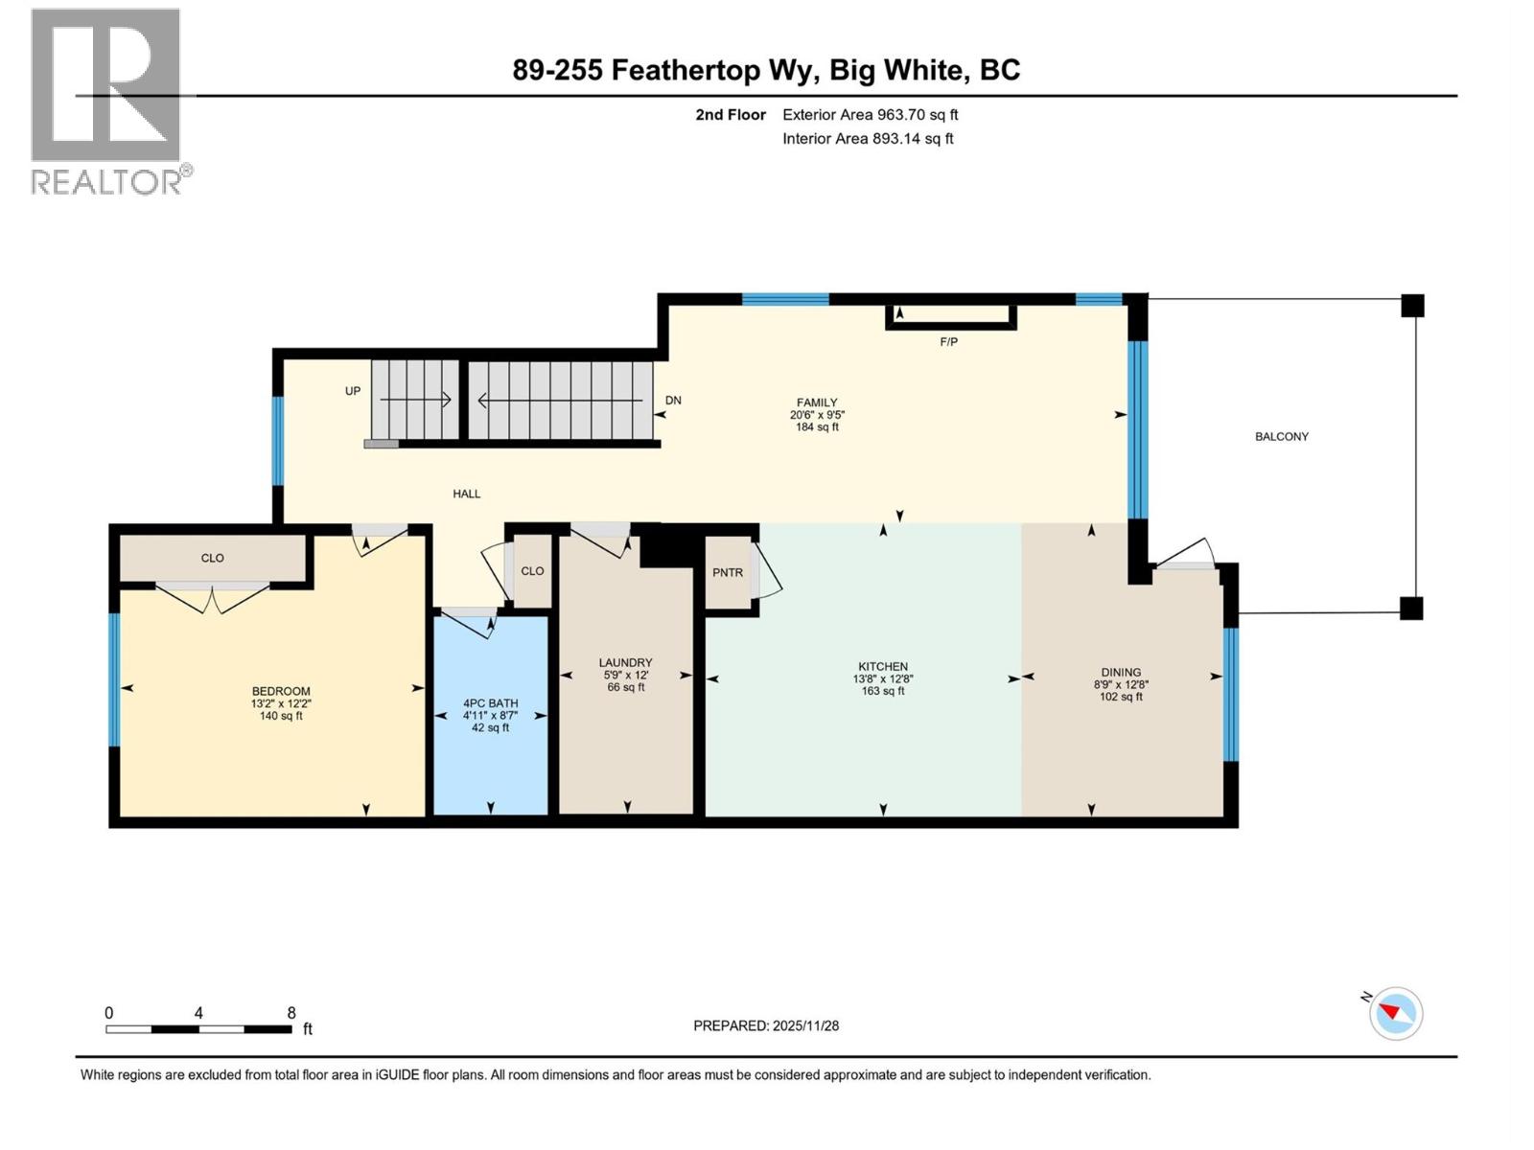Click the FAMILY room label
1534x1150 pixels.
click(817, 402)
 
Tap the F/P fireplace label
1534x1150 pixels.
click(948, 342)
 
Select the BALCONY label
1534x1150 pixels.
click(1281, 437)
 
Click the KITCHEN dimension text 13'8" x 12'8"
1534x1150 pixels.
click(883, 678)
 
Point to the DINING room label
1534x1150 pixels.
click(1121, 672)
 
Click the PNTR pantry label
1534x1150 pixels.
click(728, 573)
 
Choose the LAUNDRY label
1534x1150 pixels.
click(625, 662)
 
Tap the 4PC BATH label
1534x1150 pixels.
click(490, 703)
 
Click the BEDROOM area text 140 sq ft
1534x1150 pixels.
click(281, 716)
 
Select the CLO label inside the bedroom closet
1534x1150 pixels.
click(212, 558)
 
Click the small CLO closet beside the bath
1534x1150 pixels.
click(532, 571)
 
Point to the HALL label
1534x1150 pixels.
click(467, 494)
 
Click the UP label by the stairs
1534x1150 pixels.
click(353, 391)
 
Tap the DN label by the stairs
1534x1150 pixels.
click(673, 401)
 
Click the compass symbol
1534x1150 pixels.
click(1395, 1013)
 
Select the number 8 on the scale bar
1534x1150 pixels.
click(291, 1013)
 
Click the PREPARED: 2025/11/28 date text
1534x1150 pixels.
click(766, 1025)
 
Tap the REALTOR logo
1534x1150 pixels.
click(107, 101)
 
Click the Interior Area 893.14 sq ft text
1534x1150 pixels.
click(868, 139)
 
